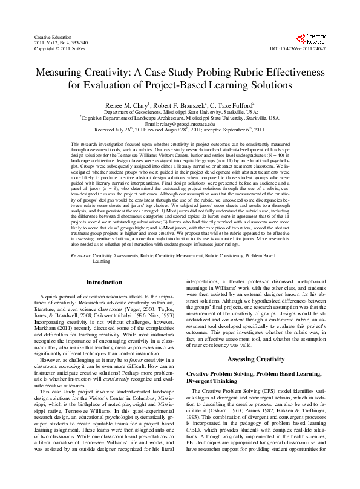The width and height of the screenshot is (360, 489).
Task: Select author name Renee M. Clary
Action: coord(127,105)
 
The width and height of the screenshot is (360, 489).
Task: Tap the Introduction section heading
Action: coord(103,283)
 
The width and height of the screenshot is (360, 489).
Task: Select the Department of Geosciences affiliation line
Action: coord(180,112)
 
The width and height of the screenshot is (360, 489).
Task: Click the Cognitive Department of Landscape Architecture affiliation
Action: coord(180,118)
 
